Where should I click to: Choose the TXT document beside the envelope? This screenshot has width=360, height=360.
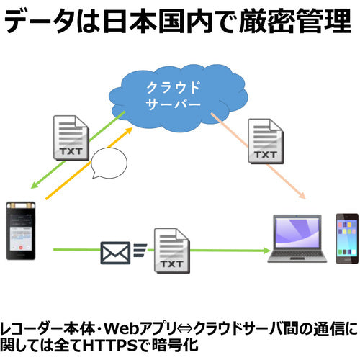[171, 251]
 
